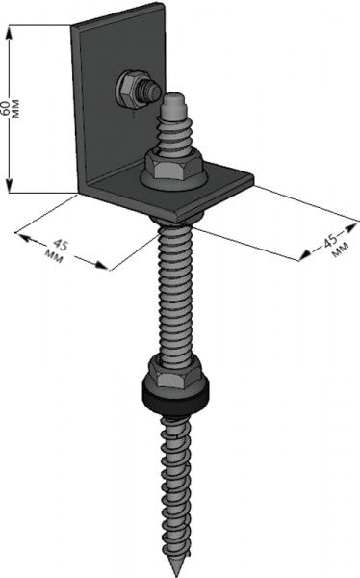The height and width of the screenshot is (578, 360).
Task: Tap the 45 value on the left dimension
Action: [61, 245]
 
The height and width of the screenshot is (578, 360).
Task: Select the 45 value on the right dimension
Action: [330, 240]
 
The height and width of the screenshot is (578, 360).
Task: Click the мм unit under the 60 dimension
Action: [16, 109]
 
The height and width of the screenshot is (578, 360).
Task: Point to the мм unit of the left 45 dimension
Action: [54, 256]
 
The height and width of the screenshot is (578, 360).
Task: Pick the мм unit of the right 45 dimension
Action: [340, 250]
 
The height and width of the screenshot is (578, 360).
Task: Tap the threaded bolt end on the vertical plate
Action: [150, 92]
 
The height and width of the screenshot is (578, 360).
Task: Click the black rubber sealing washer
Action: [176, 395]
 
